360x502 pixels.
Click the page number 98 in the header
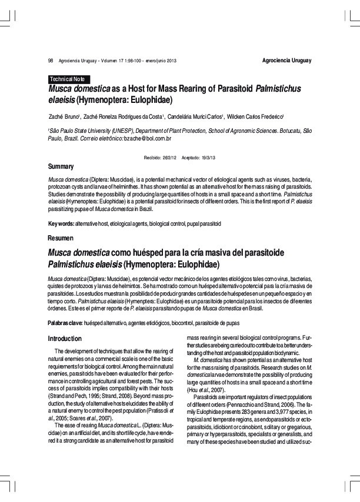coord(51,61)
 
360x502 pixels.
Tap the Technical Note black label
coord(68,79)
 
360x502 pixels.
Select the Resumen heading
coord(61,237)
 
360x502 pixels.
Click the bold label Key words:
coord(61,223)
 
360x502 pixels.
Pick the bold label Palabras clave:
coord(65,323)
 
